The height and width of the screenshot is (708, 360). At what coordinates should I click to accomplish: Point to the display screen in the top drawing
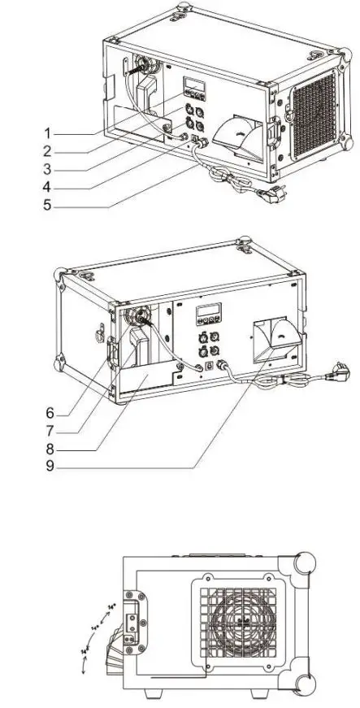pyautogui.click(x=193, y=85)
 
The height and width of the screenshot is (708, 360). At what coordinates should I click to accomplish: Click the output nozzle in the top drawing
pyautogui.click(x=235, y=132)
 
